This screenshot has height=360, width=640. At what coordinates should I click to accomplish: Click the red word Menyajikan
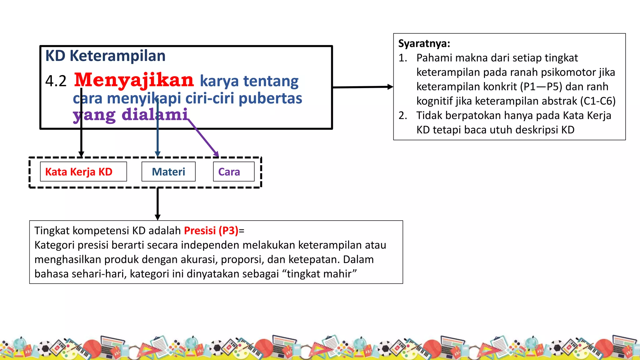[x=134, y=80]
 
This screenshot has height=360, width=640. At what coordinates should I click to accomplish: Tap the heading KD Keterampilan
[x=105, y=56]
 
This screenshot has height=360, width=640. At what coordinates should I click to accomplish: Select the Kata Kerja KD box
[x=83, y=172]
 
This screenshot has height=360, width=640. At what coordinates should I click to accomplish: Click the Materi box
[x=168, y=172]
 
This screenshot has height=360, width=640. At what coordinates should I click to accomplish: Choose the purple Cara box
[x=233, y=172]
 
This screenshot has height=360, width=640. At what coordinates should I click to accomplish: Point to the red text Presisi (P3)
[x=211, y=231]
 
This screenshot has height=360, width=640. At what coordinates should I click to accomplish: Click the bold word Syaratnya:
[x=424, y=43]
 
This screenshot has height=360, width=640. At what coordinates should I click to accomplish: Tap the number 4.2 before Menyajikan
[x=56, y=81]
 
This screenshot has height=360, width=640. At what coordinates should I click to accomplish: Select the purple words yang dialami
[x=130, y=115]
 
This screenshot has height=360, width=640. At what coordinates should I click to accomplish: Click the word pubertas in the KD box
[x=270, y=98]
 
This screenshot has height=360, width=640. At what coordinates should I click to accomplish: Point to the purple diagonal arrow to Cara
[x=203, y=137]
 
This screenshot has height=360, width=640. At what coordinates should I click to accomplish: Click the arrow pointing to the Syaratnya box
[x=362, y=87]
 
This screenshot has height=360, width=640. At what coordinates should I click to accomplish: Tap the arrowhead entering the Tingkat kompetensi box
[x=157, y=217]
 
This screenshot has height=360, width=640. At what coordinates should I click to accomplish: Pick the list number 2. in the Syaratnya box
[x=403, y=116]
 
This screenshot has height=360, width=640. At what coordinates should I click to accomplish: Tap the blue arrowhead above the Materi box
[x=157, y=154]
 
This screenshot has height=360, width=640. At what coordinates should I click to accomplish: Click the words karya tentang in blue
[x=249, y=81]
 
